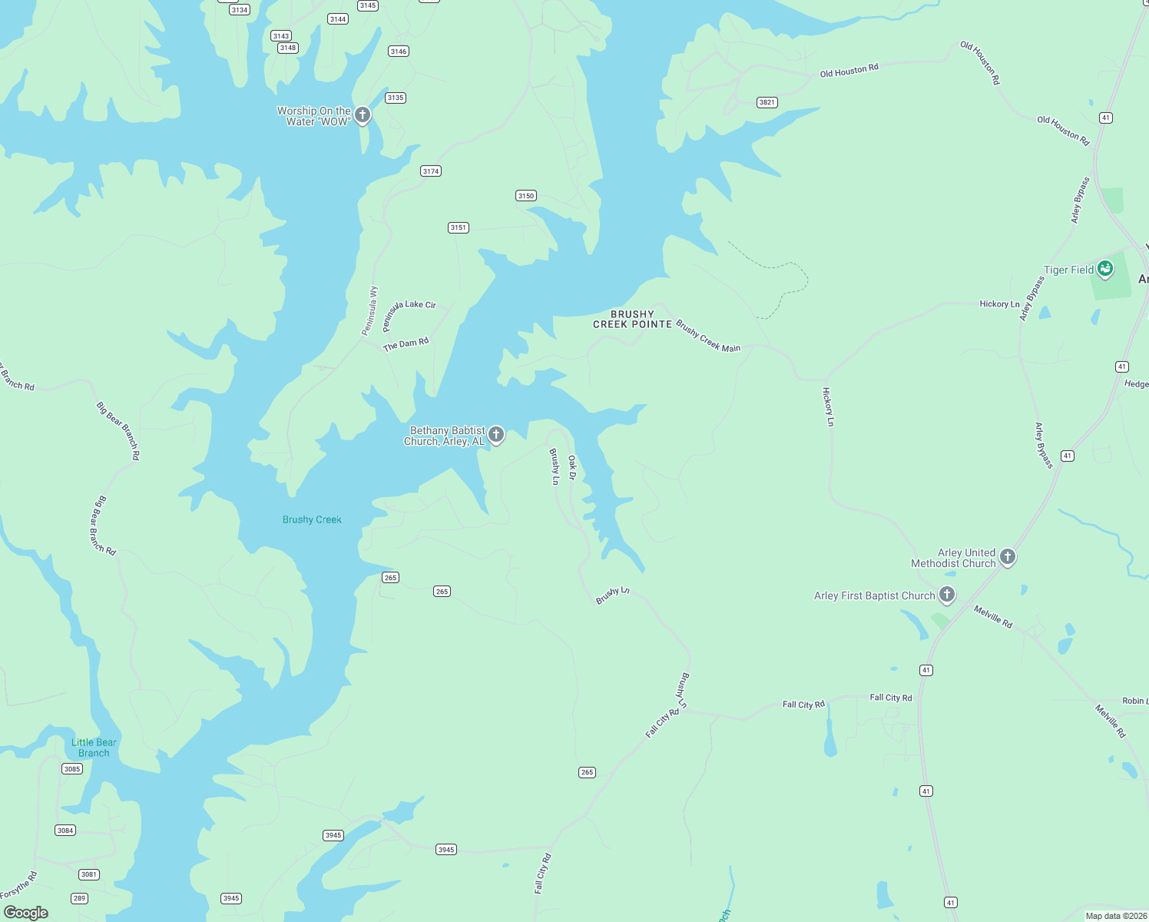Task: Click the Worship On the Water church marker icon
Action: click(363, 115)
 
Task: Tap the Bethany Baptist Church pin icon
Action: click(496, 435)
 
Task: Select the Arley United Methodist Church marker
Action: click(1008, 557)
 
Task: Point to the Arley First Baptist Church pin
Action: click(947, 594)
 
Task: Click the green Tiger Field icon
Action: click(1104, 269)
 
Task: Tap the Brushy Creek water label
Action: click(312, 520)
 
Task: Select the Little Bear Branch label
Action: click(94, 748)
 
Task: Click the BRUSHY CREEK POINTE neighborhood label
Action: click(632, 320)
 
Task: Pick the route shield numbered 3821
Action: click(767, 102)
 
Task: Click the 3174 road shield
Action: click(431, 171)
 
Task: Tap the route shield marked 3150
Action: click(525, 196)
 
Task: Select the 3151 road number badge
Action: click(459, 227)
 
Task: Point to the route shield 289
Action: click(79, 898)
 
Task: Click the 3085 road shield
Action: click(72, 769)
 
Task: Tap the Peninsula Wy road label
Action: click(370, 311)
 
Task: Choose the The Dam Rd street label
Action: click(406, 343)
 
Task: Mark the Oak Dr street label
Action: click(572, 468)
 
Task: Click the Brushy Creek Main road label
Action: click(708, 337)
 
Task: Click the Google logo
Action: click(26, 912)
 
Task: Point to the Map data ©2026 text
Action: click(1115, 916)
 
